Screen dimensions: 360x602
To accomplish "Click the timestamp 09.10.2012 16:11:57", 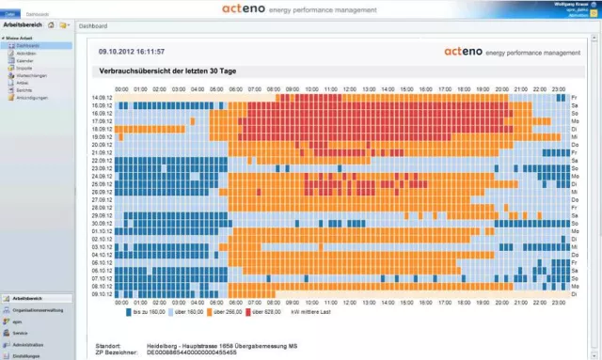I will click(x=132, y=52).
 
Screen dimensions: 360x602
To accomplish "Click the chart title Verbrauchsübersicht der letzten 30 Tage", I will click(x=167, y=70).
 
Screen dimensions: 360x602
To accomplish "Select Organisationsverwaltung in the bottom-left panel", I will click(x=38, y=309).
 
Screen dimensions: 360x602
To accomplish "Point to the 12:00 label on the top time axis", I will click(x=349, y=89).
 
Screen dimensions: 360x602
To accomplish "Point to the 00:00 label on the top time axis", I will click(x=121, y=89).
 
